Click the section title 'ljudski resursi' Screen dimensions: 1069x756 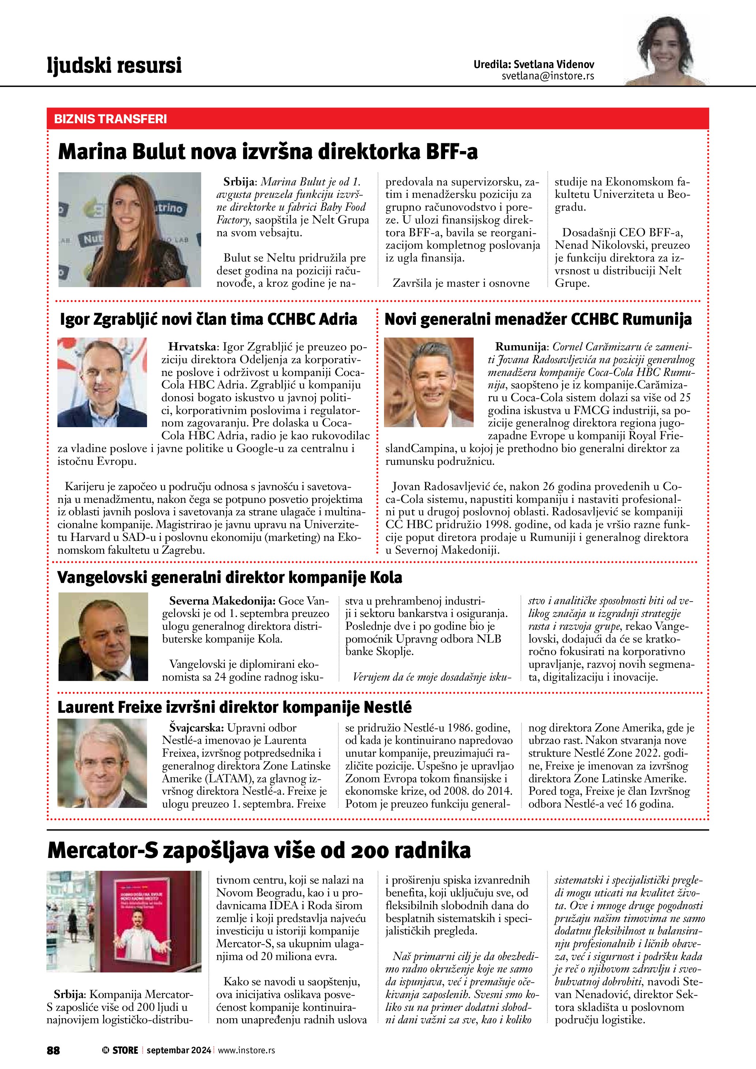114,65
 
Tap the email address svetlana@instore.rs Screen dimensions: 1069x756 548,76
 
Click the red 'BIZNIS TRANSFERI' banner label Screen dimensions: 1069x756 110,119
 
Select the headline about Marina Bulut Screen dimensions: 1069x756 268,152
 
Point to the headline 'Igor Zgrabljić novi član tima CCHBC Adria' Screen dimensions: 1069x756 208,319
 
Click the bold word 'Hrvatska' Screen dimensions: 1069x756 192,346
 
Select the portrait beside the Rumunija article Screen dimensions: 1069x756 428,382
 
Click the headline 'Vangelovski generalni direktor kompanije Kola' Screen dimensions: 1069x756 229,577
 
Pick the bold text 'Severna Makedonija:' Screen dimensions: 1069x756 222,601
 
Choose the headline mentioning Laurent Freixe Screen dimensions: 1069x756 234,707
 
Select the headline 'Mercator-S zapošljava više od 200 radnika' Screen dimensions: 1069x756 259,850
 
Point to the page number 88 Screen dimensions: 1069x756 53,1050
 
